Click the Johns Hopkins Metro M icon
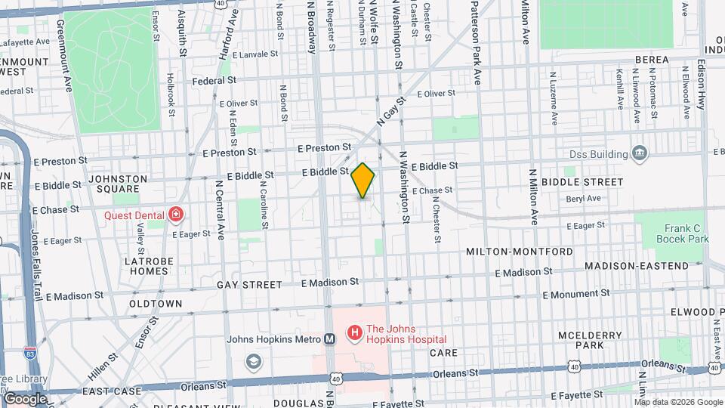pos(329,339)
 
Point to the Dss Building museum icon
pos(640,154)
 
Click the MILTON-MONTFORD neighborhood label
pos(511,251)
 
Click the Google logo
pos(25,398)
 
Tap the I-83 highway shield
pos(30,352)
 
